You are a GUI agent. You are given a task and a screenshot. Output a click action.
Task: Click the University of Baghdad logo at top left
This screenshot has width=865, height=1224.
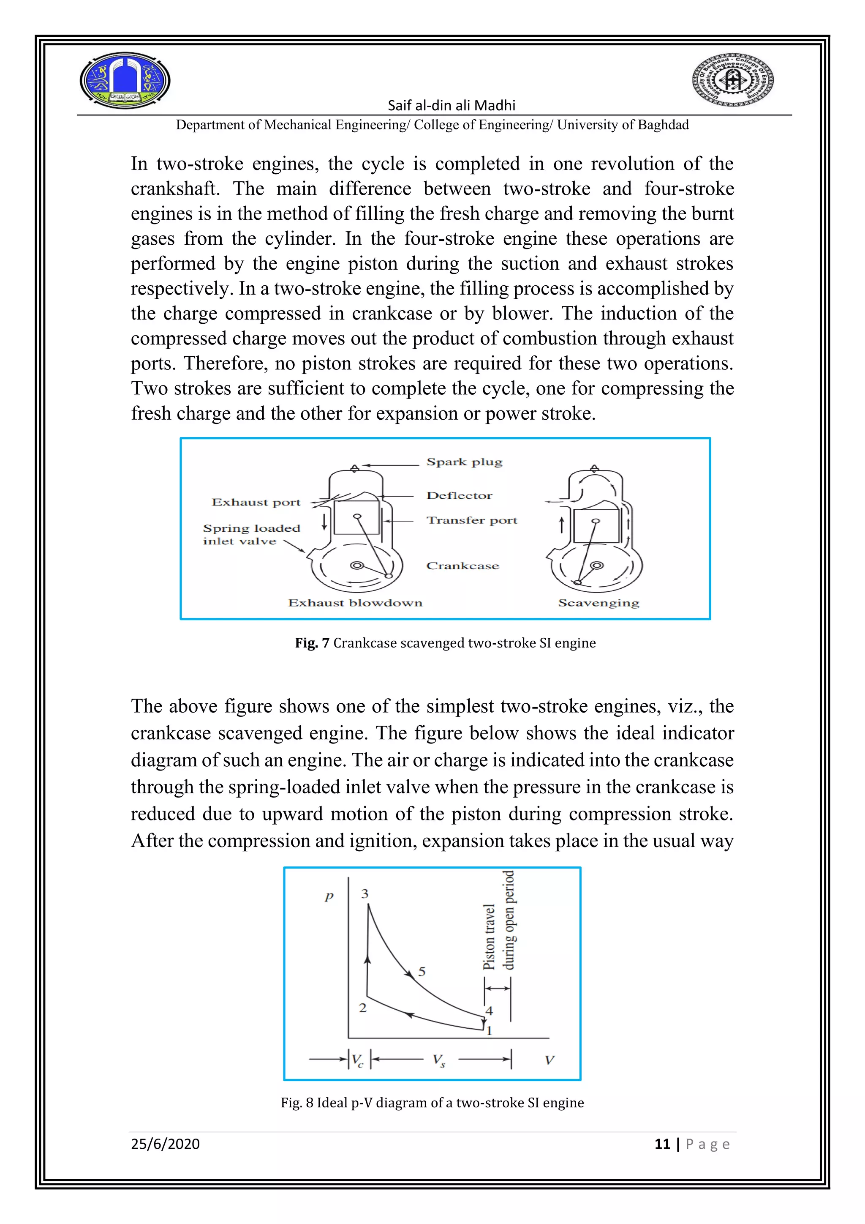[x=125, y=80]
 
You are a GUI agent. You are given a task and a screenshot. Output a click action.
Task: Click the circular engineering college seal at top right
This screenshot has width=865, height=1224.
[x=732, y=80]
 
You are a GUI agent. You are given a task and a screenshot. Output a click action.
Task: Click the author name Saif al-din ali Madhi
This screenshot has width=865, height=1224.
[x=451, y=105]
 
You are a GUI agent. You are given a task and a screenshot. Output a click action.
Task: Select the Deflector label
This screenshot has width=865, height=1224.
[x=459, y=496]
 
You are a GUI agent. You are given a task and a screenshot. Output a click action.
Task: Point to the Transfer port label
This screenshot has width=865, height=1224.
[x=471, y=520]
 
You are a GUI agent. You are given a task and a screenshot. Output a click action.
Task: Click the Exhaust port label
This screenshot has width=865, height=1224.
[x=256, y=502]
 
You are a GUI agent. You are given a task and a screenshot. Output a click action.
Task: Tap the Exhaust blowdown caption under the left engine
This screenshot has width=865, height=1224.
[x=355, y=603]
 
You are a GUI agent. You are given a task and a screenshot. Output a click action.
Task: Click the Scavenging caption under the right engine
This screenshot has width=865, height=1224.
[x=598, y=603]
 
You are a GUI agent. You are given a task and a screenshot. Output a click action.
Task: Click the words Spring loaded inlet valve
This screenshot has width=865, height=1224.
[x=251, y=535]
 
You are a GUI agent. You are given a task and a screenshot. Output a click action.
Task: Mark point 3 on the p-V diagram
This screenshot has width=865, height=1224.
[x=365, y=894]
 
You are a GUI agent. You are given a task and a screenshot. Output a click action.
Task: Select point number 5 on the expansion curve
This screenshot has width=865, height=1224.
[x=422, y=971]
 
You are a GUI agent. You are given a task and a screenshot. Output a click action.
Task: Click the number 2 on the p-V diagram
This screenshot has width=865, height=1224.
[x=363, y=1008]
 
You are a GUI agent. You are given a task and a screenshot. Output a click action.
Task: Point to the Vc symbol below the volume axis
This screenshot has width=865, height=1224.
[x=357, y=1060]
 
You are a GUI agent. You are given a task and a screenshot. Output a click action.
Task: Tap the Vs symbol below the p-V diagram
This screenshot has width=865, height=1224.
[x=439, y=1060]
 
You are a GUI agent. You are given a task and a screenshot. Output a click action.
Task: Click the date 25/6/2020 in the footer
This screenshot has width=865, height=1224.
[x=165, y=1144]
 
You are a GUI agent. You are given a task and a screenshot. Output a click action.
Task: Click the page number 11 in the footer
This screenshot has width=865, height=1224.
[x=662, y=1144]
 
